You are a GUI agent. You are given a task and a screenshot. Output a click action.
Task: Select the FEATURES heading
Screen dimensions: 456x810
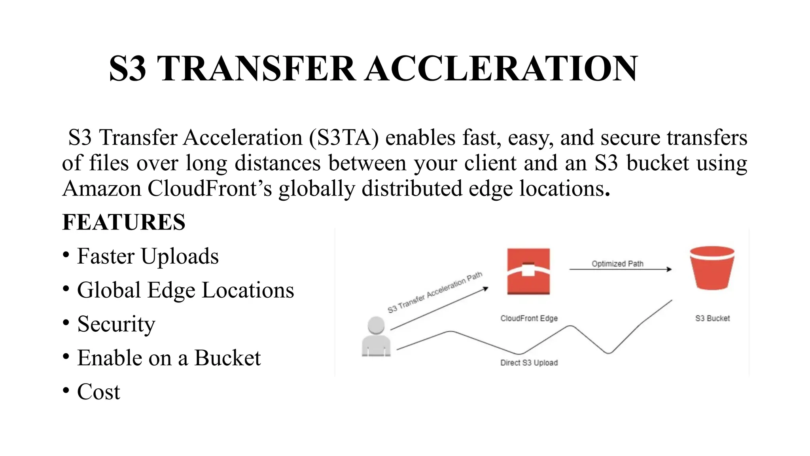(x=124, y=222)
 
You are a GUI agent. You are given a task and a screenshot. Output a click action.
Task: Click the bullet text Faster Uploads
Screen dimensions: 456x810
(x=148, y=256)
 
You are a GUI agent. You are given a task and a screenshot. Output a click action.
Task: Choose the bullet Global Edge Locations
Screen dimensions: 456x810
(x=185, y=290)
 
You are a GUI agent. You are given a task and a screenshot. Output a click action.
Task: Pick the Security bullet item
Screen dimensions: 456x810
(x=116, y=324)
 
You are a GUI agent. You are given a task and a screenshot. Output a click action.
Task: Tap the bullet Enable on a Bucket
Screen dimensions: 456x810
(x=169, y=358)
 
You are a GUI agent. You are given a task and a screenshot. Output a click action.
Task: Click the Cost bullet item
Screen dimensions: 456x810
(x=98, y=392)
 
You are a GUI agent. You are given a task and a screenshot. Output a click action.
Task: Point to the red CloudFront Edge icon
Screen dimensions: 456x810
(x=528, y=271)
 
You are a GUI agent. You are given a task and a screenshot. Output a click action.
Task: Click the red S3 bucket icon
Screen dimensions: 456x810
(x=712, y=268)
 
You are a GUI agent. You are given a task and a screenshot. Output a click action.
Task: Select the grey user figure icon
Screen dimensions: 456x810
(x=376, y=336)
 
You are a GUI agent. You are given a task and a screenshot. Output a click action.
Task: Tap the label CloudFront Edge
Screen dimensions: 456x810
(x=529, y=318)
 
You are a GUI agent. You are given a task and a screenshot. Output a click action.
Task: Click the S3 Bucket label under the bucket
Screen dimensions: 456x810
(x=712, y=318)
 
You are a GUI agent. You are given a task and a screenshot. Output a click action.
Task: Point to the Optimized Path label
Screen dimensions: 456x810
(x=617, y=264)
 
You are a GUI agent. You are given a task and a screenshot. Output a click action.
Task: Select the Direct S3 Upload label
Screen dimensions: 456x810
(x=529, y=363)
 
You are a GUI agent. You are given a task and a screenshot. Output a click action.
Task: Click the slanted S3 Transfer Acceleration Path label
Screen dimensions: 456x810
(x=435, y=292)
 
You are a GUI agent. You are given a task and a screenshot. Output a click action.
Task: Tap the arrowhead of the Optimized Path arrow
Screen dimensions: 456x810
(x=669, y=270)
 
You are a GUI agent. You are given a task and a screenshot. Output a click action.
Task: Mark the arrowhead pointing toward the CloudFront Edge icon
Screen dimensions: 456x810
(x=486, y=289)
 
